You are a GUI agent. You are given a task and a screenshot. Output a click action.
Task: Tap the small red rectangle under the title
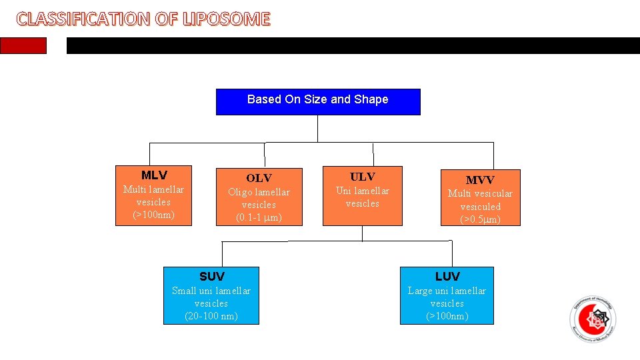click(23, 45)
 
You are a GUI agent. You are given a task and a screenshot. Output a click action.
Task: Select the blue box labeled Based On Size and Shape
click(318, 101)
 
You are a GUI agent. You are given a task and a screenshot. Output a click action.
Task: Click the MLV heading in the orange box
click(154, 175)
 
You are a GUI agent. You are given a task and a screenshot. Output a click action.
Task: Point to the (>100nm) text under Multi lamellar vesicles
click(153, 215)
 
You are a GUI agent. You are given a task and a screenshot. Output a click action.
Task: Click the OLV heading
click(259, 178)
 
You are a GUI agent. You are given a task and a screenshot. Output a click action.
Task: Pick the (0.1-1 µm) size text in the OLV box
click(259, 217)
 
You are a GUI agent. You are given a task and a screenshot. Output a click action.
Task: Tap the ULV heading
click(363, 177)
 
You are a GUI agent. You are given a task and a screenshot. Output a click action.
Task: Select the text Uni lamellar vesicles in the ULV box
click(363, 197)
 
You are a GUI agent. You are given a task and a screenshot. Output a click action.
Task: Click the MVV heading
click(480, 180)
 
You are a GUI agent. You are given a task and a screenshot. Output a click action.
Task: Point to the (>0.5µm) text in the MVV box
click(480, 219)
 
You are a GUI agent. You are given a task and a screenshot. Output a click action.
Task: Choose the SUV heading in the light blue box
click(211, 276)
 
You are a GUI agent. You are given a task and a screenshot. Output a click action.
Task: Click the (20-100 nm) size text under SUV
click(211, 316)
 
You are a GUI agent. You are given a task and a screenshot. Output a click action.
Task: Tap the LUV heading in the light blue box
click(447, 276)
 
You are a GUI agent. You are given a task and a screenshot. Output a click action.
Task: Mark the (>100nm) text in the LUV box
click(447, 316)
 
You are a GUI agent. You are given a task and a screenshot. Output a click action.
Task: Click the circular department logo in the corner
click(593, 318)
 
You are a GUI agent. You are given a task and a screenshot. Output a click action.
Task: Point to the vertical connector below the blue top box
click(318, 129)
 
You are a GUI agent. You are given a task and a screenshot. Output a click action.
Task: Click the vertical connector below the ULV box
click(362, 233)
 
